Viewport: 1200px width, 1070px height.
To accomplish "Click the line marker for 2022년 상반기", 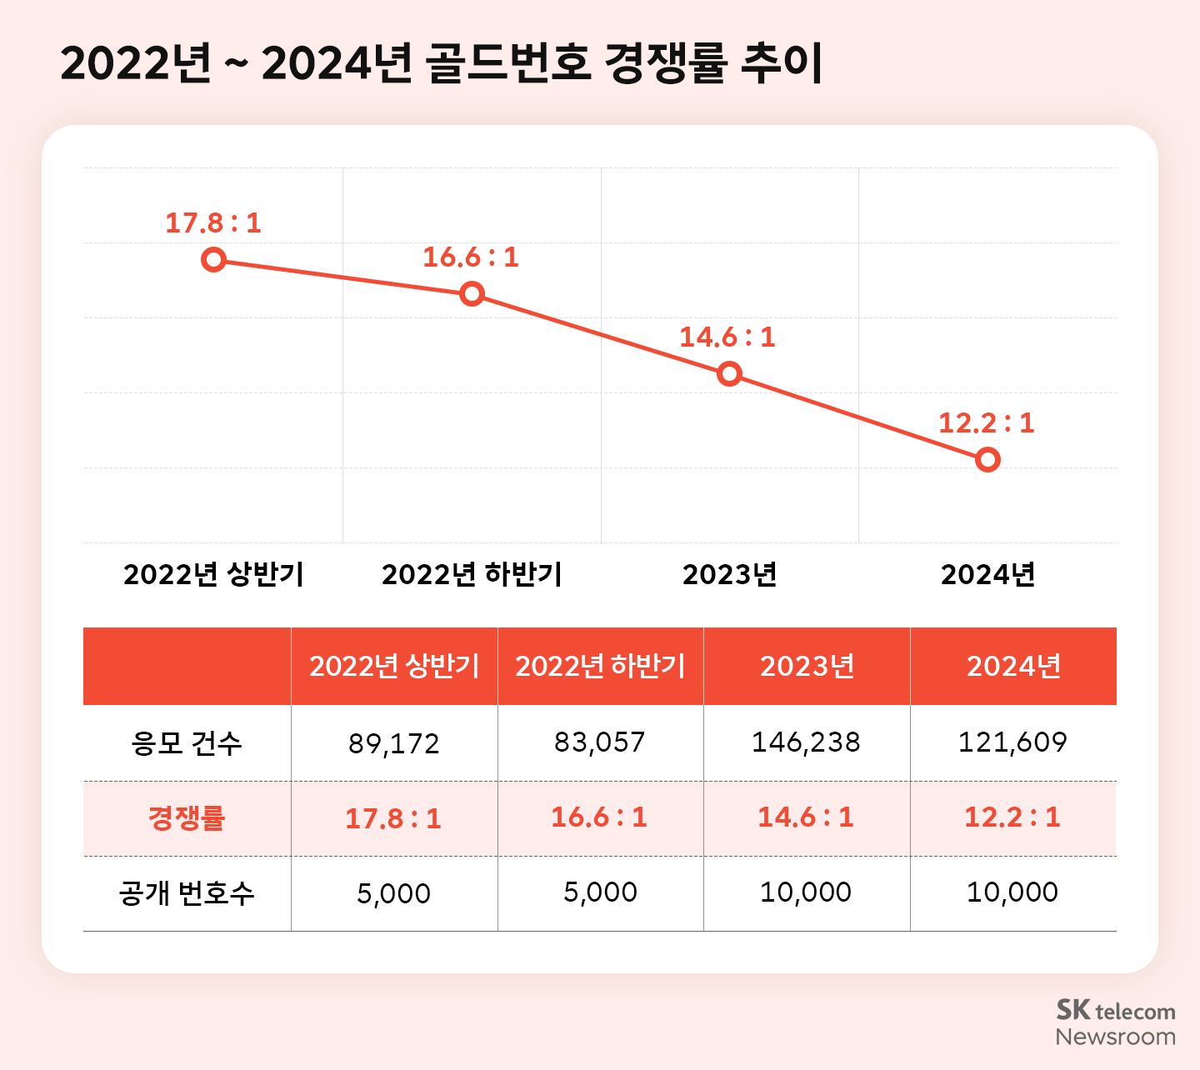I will point(213,260).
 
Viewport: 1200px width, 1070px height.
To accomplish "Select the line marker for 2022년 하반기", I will point(472,293).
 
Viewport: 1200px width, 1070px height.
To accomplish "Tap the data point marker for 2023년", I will point(729,373).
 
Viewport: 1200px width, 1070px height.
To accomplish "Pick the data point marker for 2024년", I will point(987,459).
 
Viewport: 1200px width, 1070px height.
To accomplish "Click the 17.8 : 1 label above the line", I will point(213,223).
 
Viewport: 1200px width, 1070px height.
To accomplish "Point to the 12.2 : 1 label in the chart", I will point(987,423).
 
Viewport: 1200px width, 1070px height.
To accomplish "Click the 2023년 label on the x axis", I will point(729,575).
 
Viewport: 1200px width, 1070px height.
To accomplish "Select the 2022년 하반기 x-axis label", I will point(472,575).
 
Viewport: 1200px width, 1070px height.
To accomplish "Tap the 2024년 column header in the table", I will point(1013,667).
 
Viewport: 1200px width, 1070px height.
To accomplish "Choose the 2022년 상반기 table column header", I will point(394,667).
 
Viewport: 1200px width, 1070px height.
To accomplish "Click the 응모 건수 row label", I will point(187,742).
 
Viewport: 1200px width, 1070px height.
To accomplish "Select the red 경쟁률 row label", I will point(187,818).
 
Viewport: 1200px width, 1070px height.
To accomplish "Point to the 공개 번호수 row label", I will point(187,893).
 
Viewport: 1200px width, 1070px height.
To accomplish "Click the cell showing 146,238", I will point(806,742).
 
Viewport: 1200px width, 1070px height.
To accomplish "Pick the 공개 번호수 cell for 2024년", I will point(1012,892).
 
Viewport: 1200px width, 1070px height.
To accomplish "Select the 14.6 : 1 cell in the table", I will point(806,817).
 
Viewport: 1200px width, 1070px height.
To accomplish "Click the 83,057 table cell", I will point(600,742).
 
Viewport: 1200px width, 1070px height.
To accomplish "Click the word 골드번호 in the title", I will point(509,62).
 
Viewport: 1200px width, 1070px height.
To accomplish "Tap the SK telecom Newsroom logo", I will point(1115,1022).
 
